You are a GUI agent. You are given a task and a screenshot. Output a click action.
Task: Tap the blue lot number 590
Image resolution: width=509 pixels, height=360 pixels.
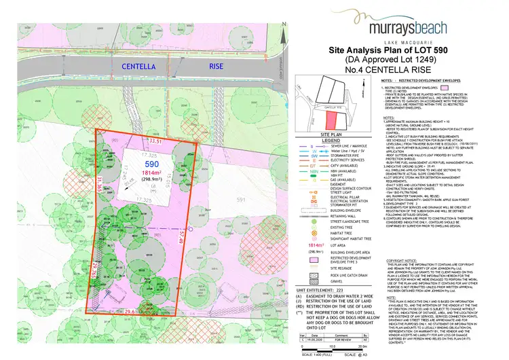(133, 145)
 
